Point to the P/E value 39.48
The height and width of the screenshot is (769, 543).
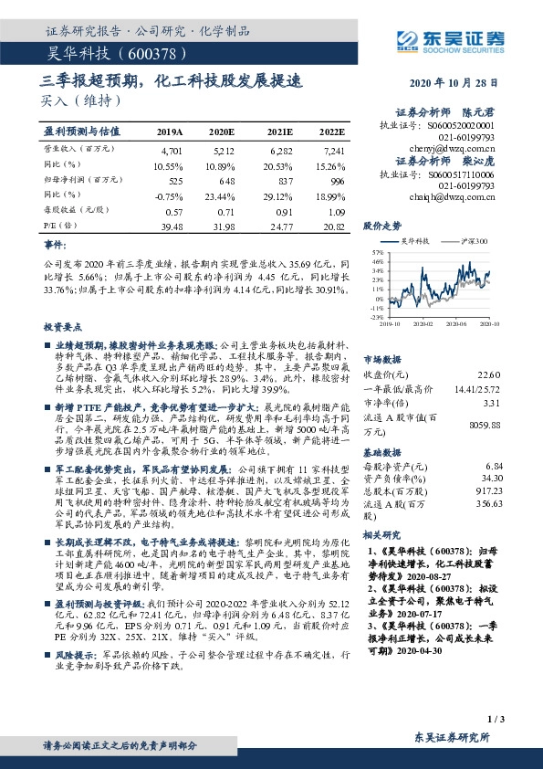(172, 226)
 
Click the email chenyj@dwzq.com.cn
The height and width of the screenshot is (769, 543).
(458, 144)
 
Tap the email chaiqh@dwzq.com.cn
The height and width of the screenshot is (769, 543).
(457, 196)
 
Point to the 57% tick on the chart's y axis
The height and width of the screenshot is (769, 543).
(378, 251)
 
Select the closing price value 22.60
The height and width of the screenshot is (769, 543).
(490, 374)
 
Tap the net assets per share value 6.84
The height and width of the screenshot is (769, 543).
(494, 466)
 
